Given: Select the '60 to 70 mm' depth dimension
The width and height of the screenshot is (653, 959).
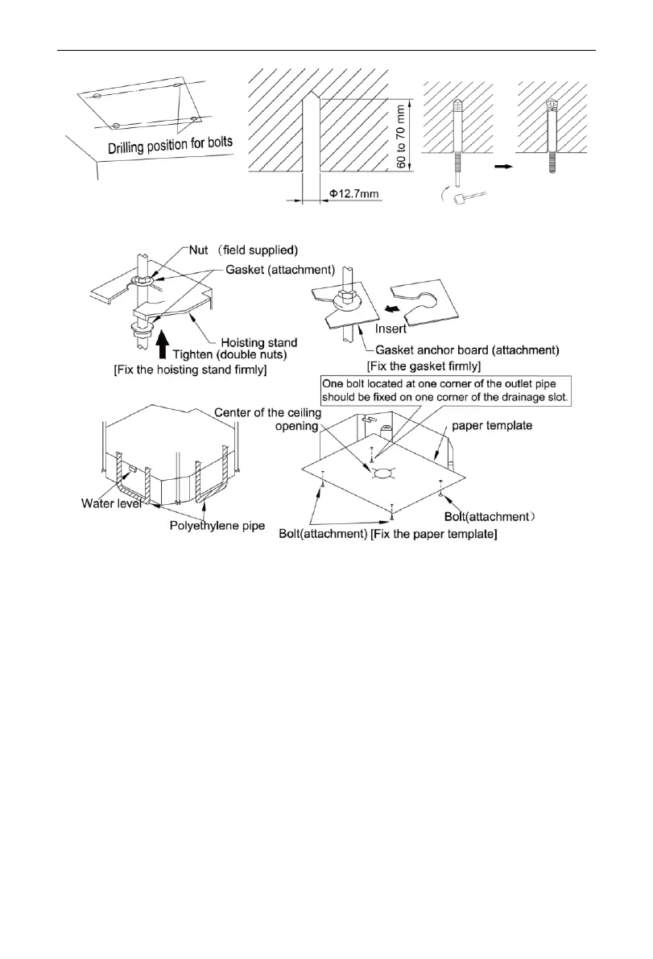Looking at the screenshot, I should (401, 134).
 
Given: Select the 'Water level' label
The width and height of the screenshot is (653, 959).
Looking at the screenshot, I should (111, 505).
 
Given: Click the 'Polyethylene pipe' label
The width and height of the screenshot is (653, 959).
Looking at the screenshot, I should (212, 522).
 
